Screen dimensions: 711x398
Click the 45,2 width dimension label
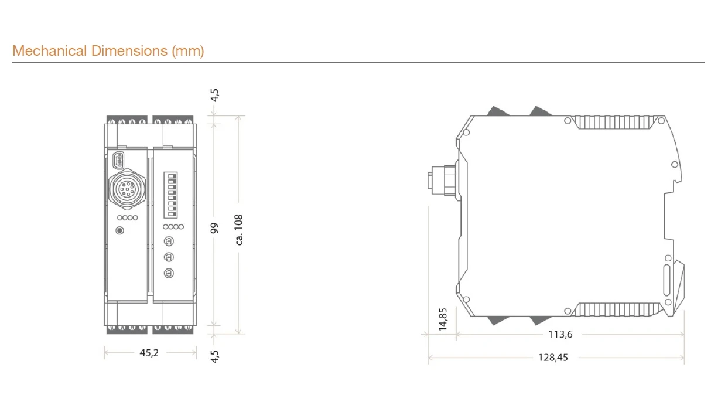point(149,353)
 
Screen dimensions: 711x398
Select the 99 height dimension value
point(214,228)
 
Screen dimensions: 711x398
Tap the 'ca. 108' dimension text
point(239,230)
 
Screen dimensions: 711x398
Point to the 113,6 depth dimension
point(560,334)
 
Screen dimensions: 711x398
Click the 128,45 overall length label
point(553,358)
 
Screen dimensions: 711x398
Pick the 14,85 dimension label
point(443,319)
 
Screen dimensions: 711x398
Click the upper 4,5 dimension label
point(214,95)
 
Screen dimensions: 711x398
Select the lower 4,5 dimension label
point(214,356)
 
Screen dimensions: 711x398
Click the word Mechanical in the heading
point(50,51)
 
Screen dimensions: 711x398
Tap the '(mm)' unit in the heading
point(188,51)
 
